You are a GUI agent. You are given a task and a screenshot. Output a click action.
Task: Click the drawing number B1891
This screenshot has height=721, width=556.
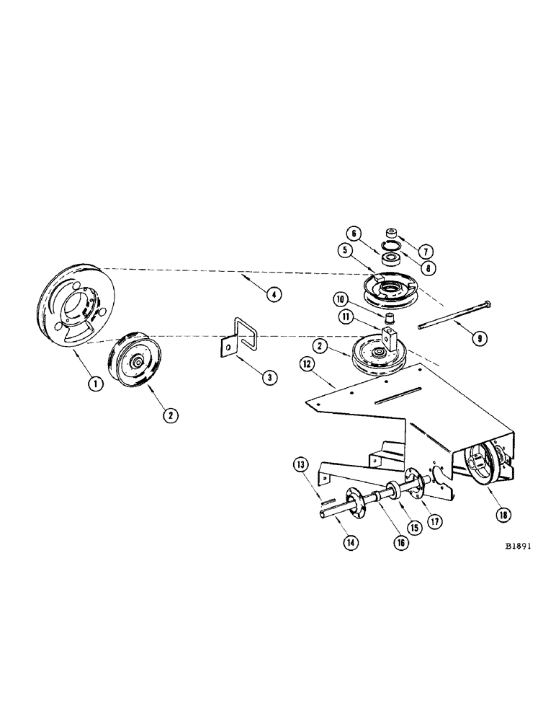pos(517,547)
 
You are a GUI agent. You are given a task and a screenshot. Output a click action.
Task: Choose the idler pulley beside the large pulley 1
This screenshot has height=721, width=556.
pos(137,361)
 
